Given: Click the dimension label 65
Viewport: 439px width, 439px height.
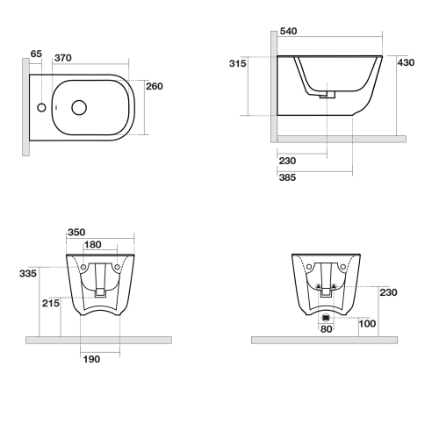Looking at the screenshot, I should [x=36, y=54].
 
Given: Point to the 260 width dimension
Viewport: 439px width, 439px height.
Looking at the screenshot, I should [x=155, y=86].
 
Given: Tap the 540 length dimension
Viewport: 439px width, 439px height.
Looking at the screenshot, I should [x=289, y=32].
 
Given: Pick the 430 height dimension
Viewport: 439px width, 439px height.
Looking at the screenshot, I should [x=406, y=63].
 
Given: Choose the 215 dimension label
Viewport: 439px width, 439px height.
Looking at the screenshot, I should [x=51, y=302].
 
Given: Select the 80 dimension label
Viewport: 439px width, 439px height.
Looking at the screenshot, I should [x=326, y=330].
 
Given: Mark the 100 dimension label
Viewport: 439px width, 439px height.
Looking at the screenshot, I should [x=367, y=323].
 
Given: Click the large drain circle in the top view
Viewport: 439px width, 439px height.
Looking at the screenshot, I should [x=79, y=108].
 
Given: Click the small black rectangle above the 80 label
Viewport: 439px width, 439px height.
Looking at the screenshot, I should [x=326, y=317].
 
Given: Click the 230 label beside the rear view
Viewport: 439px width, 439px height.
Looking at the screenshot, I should [x=389, y=293].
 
